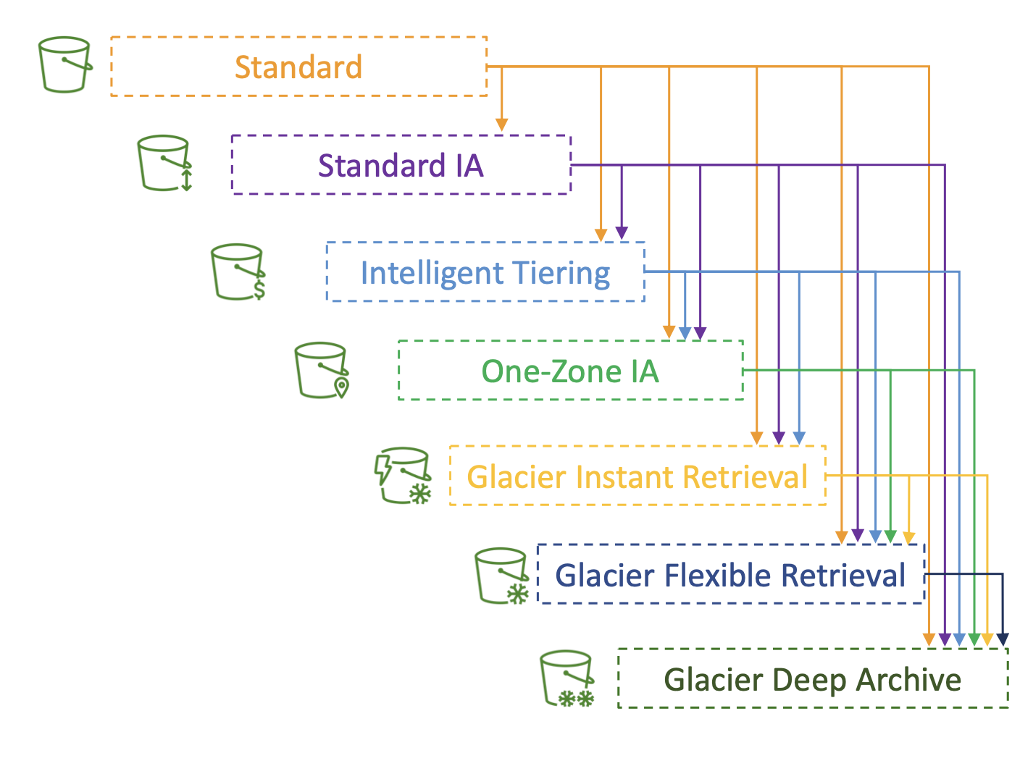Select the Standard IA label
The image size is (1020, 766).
(401, 165)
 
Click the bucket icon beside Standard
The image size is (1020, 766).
(65, 64)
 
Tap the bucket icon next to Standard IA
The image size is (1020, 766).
(164, 163)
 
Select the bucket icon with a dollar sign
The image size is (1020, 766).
(238, 272)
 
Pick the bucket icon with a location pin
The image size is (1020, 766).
(322, 371)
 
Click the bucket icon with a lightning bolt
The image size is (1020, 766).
(403, 476)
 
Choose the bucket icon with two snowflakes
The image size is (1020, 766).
(567, 678)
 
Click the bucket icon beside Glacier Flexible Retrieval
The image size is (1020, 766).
(501, 576)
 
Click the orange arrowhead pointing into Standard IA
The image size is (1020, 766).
(501, 125)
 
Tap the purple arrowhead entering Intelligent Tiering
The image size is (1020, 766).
(622, 232)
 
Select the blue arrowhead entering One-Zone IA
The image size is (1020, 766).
(685, 333)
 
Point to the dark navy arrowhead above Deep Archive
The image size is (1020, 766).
(1003, 639)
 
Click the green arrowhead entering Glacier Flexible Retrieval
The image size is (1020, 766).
(890, 536)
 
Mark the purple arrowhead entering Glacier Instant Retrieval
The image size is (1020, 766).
(779, 438)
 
